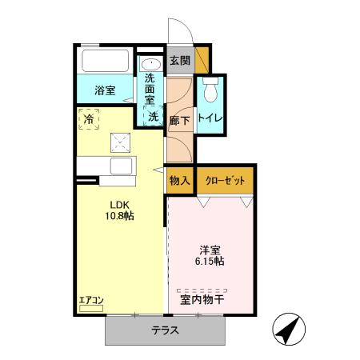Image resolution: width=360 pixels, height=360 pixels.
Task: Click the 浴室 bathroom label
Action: click(x=105, y=90)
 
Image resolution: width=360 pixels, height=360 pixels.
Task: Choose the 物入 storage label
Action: click(x=179, y=180)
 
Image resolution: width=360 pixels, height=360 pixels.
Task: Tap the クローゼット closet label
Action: click(x=225, y=180)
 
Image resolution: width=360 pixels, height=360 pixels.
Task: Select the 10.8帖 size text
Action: click(x=111, y=216)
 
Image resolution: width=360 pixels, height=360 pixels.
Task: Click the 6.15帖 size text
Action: click(x=211, y=261)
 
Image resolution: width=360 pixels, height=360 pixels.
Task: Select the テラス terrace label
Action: click(x=165, y=330)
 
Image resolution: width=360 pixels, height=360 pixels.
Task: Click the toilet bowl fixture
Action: click(x=210, y=91)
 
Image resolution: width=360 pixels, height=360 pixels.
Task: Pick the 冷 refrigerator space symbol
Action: click(x=87, y=116)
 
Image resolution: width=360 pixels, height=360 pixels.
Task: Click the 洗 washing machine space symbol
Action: click(x=152, y=116)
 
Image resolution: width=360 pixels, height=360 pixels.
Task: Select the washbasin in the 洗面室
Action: click(x=150, y=64)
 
